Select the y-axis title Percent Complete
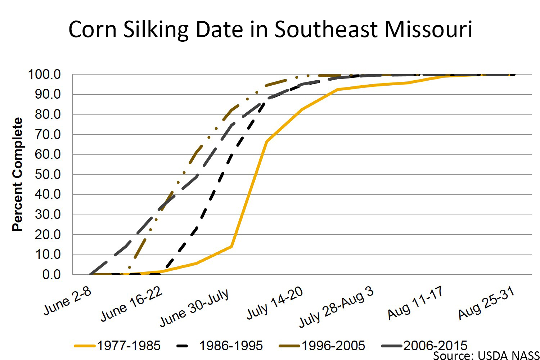coord(17,174)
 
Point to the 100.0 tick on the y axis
coord(44,75)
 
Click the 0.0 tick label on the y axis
coord(51,274)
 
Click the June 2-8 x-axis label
coord(68,302)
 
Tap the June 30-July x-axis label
coord(194,308)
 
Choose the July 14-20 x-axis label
coord(275,303)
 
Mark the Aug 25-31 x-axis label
coord(486,304)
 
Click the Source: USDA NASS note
coord(486,356)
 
